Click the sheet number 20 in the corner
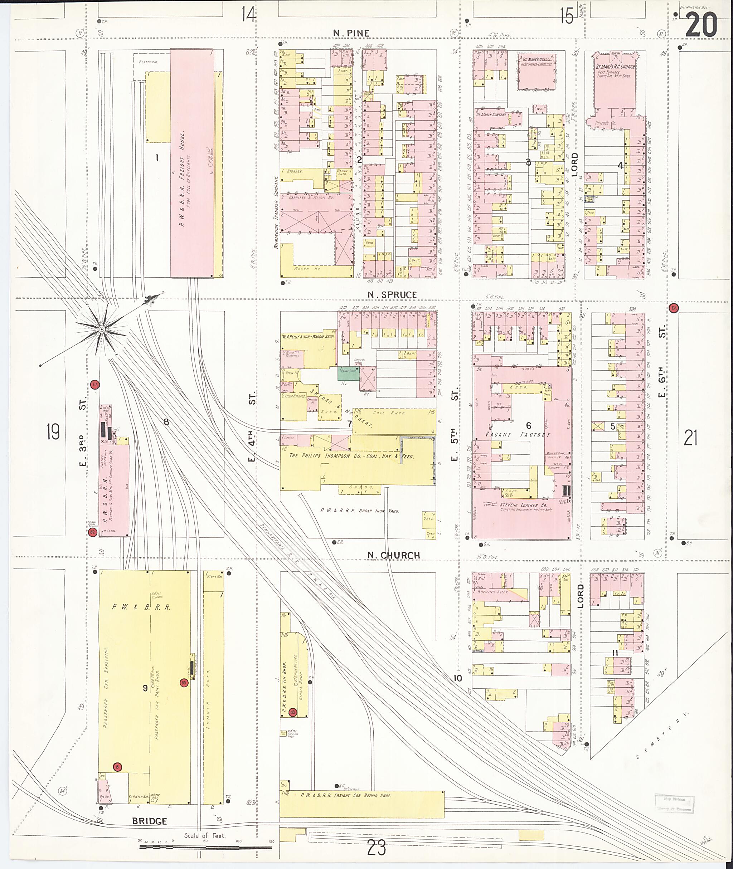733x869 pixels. click(701, 24)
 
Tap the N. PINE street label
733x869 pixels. click(351, 33)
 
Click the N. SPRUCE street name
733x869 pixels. click(392, 294)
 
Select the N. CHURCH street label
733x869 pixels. click(393, 555)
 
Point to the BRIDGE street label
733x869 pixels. click(150, 821)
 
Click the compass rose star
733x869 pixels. click(101, 329)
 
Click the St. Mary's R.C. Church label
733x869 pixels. click(615, 67)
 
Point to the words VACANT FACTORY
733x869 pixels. click(518, 434)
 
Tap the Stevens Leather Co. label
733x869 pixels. click(519, 505)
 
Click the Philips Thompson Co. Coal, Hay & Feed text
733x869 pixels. click(351, 456)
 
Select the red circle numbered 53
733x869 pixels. click(184, 683)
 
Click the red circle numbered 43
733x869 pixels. click(293, 712)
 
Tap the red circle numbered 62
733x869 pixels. click(92, 532)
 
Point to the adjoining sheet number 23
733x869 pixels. click(377, 848)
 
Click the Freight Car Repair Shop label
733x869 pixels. click(346, 795)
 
